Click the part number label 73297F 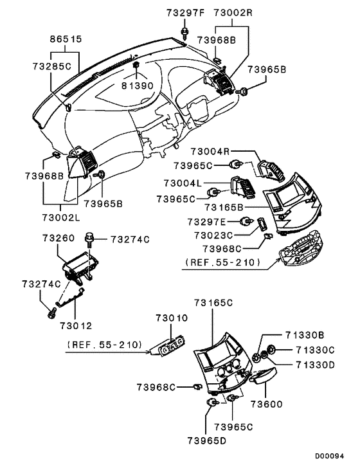pos(184,12)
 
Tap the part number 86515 pos(66,39)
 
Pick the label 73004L pos(184,183)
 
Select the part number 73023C pos(215,235)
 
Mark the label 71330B pos(305,335)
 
